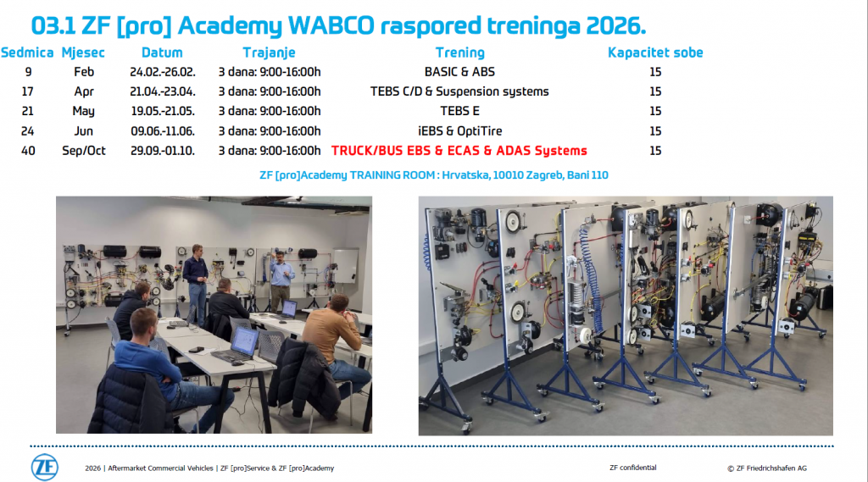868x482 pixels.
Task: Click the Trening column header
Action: [x=459, y=53]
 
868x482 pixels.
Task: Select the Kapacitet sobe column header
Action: [x=655, y=53]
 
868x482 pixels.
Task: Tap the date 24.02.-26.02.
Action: [x=163, y=72]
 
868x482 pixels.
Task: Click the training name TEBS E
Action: [x=459, y=111]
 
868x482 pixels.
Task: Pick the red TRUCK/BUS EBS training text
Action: [x=459, y=151]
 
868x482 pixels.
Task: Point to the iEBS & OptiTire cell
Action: [x=459, y=131]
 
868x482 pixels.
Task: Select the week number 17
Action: [x=28, y=91]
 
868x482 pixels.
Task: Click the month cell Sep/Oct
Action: [x=84, y=151]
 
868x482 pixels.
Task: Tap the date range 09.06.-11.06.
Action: [x=163, y=131]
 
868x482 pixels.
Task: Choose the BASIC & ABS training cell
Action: [x=459, y=72]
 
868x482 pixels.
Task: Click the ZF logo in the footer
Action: [x=45, y=468]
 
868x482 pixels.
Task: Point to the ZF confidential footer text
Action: [x=632, y=468]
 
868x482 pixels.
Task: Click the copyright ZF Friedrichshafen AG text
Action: [x=766, y=468]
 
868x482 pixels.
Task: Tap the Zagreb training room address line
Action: [x=433, y=175]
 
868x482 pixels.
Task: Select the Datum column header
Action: [x=162, y=53]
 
